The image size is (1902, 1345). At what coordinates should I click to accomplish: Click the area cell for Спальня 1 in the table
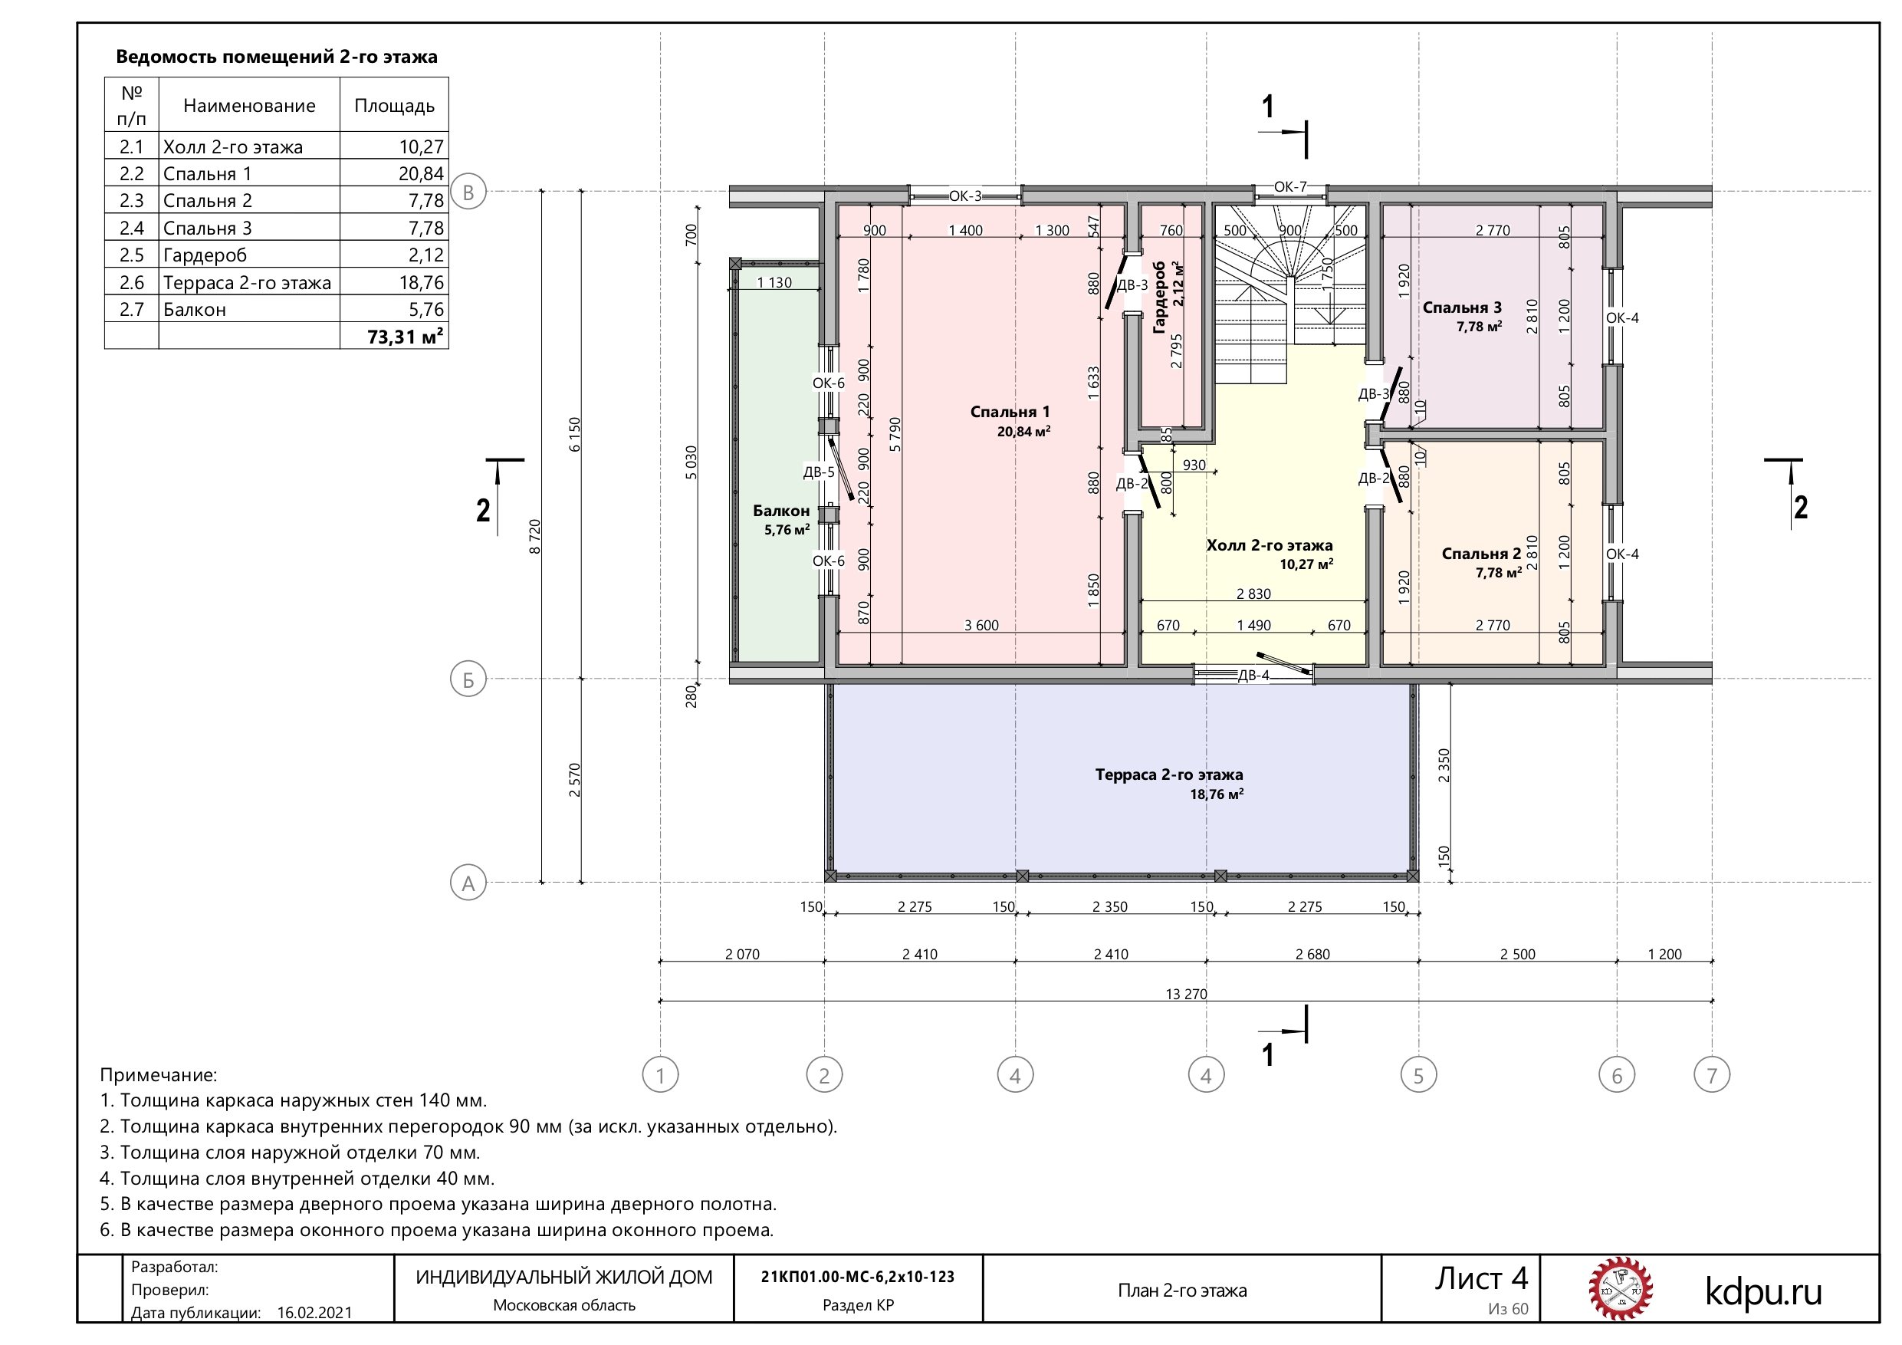click(394, 173)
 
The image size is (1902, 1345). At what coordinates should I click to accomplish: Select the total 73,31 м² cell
click(394, 337)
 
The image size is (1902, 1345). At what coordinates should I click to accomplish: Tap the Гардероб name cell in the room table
click(249, 255)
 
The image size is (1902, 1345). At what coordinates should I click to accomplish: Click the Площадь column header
click(394, 105)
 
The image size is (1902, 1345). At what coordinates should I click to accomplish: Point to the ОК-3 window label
click(965, 196)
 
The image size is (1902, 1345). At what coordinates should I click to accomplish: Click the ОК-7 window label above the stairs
click(1289, 187)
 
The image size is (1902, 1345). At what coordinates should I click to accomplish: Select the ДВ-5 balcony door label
click(819, 472)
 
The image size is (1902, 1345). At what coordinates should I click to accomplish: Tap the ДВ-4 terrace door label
click(1253, 676)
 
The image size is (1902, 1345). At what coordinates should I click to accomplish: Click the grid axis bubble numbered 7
click(1713, 1076)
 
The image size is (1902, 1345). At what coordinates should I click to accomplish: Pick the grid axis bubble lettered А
click(468, 883)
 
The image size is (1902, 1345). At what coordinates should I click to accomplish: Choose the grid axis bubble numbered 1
click(660, 1076)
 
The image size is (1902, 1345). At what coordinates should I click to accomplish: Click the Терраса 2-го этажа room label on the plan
click(1169, 774)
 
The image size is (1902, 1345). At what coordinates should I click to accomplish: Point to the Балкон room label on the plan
click(781, 511)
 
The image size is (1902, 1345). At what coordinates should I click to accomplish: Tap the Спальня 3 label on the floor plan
click(1462, 307)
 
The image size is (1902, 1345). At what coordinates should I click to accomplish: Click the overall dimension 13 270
click(1186, 994)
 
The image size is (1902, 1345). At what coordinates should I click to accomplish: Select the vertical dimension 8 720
click(535, 536)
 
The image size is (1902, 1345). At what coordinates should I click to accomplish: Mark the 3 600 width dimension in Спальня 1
click(981, 626)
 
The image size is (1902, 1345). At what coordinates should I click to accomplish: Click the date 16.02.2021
click(315, 1313)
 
